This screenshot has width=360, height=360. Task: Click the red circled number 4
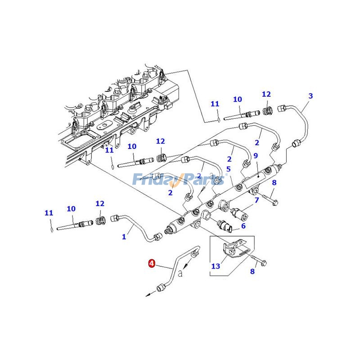point(152,264)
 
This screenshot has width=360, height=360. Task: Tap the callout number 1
point(124,237)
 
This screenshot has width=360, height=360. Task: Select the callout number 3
point(310,96)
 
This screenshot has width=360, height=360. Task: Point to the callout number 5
point(229,169)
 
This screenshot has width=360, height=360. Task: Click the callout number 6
point(243,226)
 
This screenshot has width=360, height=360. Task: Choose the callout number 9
point(255,156)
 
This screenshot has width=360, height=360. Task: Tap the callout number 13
point(216,266)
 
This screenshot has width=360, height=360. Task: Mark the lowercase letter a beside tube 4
point(180,273)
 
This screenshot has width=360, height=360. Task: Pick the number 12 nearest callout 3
point(266,94)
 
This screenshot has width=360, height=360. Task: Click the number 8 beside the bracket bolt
point(252,271)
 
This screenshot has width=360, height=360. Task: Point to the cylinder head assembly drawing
point(117,112)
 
